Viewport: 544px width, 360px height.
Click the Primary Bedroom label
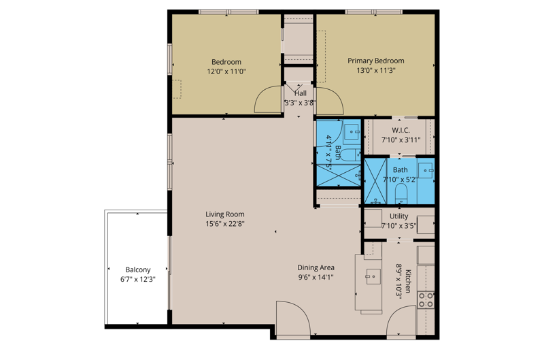tap(376, 61)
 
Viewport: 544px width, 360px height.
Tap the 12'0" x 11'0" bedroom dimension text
tap(226, 72)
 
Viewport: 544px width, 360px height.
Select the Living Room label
tap(225, 214)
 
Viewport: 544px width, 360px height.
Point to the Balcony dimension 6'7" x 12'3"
tap(138, 280)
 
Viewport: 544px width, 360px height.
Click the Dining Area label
tap(316, 267)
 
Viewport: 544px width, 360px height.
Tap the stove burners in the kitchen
tap(426, 300)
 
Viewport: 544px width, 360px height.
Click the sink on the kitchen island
tap(373, 277)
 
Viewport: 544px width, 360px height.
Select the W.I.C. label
tap(401, 131)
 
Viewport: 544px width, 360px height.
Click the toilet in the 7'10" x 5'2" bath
tap(401, 193)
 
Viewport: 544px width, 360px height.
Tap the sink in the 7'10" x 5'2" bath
tap(426, 170)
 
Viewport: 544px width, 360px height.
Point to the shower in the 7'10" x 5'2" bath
tap(375, 181)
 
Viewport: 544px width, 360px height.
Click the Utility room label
tap(398, 216)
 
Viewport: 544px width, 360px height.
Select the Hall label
tap(301, 93)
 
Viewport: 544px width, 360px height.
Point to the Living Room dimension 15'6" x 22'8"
tap(225, 224)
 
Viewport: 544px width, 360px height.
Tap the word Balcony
tap(138, 269)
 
